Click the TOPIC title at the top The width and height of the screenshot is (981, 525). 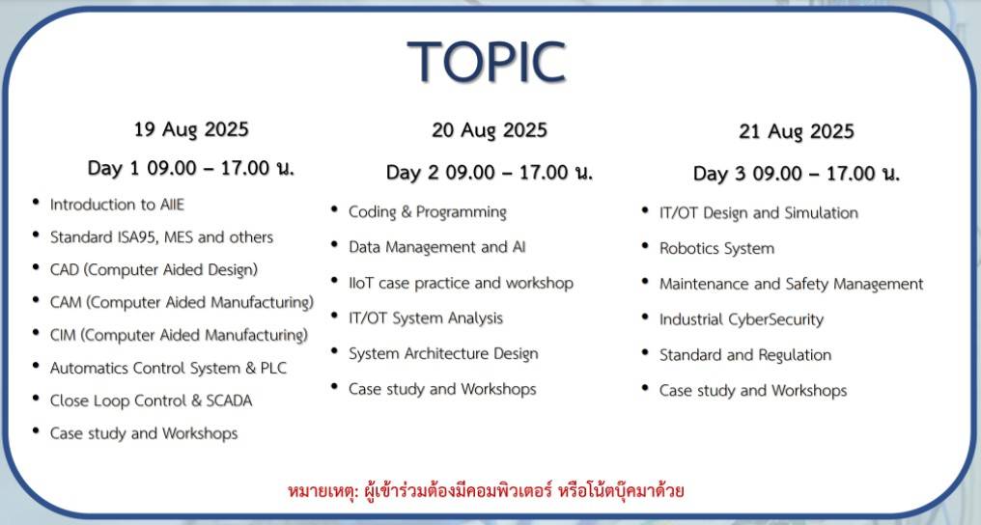click(486, 62)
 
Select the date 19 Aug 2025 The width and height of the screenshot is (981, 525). click(191, 129)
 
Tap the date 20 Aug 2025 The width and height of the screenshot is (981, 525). click(490, 130)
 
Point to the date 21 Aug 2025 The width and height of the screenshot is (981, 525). click(797, 132)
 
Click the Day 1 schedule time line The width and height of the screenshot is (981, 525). click(191, 168)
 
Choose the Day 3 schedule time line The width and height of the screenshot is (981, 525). click(797, 174)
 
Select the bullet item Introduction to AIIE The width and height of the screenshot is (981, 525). click(117, 205)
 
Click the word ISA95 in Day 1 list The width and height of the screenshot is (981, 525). click(162, 237)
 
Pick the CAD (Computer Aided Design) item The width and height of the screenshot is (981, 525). click(154, 270)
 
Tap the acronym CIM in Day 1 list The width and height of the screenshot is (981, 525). click(65, 335)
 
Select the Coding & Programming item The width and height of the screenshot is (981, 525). click(427, 212)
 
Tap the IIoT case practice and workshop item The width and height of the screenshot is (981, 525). click(461, 283)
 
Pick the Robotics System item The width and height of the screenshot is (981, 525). click(716, 249)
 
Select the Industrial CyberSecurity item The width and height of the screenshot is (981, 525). click(741, 319)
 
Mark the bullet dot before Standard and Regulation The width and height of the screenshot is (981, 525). click(645, 353)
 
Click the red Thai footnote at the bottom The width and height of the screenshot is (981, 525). click(486, 490)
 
